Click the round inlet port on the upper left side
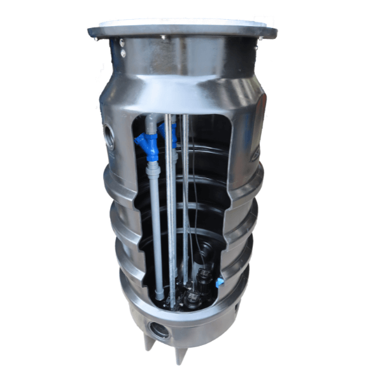pos(110,137)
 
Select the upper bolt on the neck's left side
pos(122,43)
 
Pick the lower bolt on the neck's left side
pos(122,54)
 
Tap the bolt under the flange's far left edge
pos(97,38)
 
